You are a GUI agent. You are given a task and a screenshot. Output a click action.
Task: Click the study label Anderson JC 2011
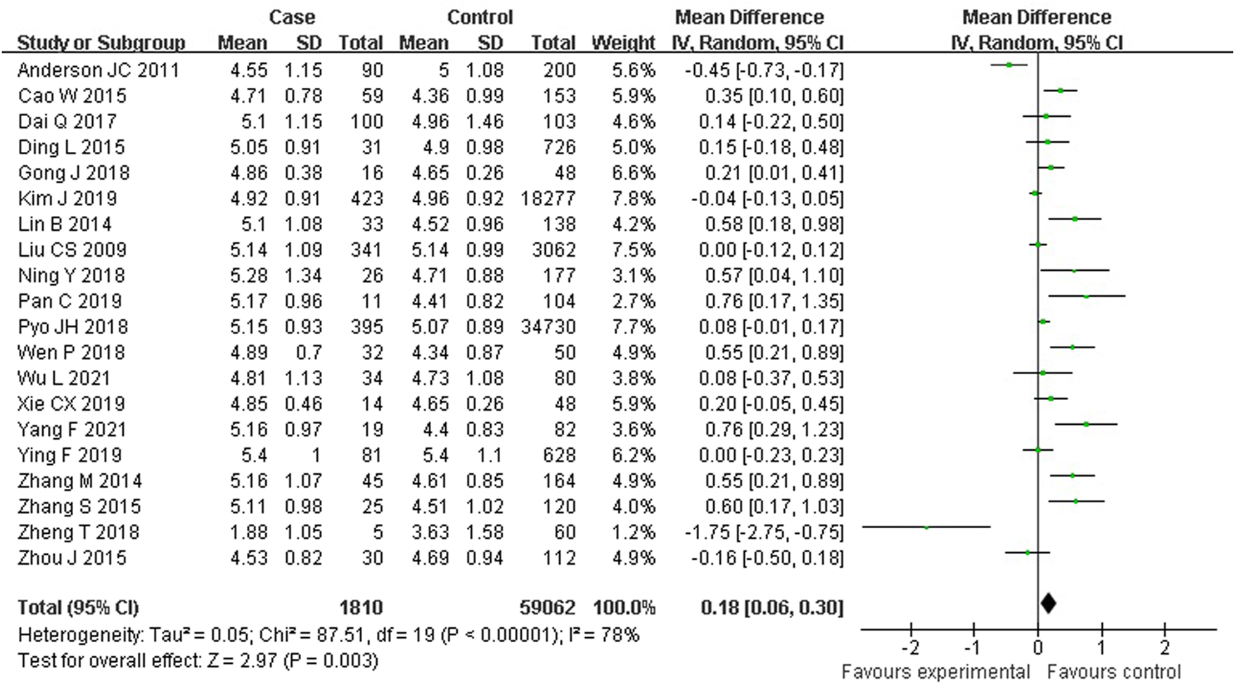[x=98, y=70]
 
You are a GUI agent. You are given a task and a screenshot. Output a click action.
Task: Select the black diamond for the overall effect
[x=1048, y=603]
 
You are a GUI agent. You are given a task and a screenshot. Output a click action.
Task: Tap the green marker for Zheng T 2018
[x=926, y=527]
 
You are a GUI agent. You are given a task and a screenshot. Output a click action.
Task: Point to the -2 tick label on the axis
[x=910, y=647]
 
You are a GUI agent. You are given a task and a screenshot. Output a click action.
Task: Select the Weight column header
[x=622, y=43]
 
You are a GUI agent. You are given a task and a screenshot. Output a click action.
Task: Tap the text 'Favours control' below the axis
[x=1114, y=672]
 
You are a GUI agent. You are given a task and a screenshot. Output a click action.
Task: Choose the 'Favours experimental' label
[x=935, y=672]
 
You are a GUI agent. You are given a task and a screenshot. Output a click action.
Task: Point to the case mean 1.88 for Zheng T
[x=248, y=532]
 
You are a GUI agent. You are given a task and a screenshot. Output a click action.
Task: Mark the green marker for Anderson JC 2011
[x=1009, y=65]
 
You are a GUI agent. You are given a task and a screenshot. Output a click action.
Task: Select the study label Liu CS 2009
[x=72, y=250]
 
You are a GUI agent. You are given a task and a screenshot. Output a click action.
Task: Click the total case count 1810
[x=361, y=608]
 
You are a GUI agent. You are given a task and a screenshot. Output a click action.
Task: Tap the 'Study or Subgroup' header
[x=101, y=43]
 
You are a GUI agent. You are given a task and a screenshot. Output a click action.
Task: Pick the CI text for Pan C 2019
[x=772, y=301]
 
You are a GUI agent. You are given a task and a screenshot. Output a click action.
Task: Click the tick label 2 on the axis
[x=1165, y=647]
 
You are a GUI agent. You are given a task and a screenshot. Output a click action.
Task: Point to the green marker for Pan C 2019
[x=1087, y=296]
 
